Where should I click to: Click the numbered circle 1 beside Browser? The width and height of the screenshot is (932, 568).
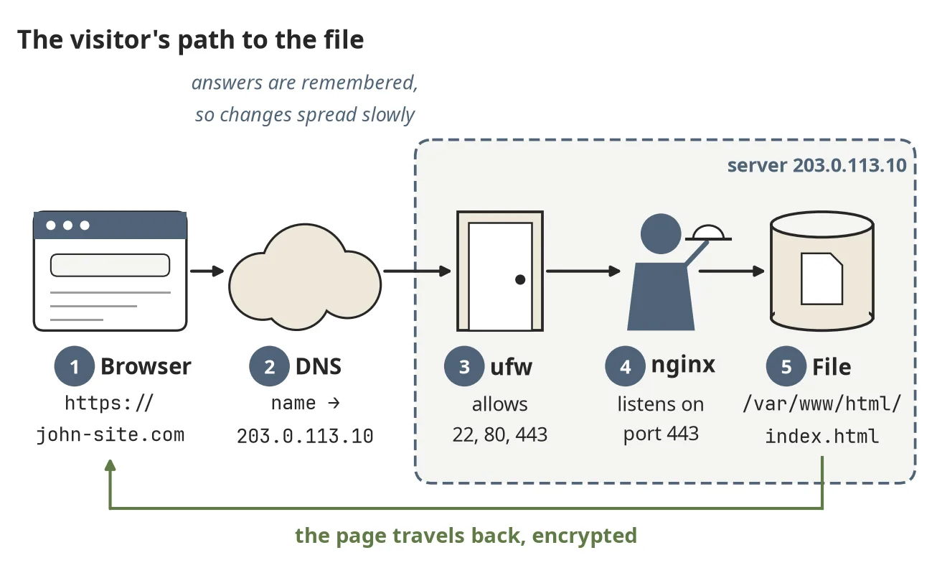(75, 366)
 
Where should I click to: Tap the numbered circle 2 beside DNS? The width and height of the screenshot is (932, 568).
(269, 366)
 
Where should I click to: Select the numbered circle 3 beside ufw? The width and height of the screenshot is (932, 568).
(464, 366)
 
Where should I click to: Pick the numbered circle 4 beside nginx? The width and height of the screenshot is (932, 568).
(625, 366)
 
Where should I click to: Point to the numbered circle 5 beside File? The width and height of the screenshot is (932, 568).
(786, 366)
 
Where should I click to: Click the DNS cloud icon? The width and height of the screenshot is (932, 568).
(305, 277)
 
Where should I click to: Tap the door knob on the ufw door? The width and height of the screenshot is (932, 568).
(520, 279)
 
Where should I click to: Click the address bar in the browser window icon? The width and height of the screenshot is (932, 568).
(110, 265)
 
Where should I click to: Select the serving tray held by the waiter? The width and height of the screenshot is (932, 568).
(708, 233)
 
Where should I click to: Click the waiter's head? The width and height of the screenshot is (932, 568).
(661, 234)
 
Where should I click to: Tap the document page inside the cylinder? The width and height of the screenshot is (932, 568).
(822, 279)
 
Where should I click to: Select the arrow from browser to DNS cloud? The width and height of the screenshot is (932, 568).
(207, 271)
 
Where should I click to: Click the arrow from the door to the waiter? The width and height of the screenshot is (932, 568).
(583, 271)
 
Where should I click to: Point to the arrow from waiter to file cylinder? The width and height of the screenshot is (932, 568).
(731, 271)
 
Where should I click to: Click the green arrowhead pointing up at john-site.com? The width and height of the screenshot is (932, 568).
(110, 465)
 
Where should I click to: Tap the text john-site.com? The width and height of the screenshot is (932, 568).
(110, 435)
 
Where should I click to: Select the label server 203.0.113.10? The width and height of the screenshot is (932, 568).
(816, 165)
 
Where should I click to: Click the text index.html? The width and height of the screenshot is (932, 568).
(822, 437)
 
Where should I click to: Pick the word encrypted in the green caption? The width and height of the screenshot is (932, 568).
(585, 536)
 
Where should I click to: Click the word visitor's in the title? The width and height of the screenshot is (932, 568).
(121, 39)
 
